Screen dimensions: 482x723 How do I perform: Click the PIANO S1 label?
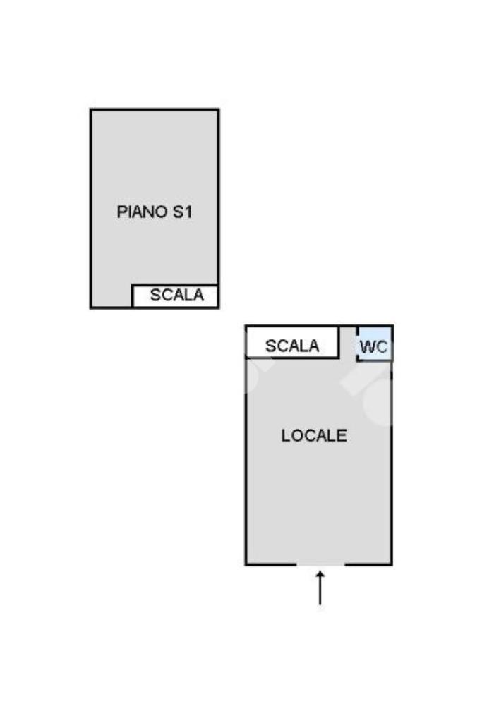click(x=154, y=212)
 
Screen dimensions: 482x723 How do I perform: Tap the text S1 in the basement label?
click(x=182, y=212)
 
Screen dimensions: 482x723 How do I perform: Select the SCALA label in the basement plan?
click(x=176, y=295)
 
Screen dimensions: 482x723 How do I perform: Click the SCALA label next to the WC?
click(x=292, y=346)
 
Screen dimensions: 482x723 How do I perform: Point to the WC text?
click(x=373, y=346)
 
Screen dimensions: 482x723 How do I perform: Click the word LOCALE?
click(x=314, y=436)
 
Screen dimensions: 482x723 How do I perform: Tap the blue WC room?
click(x=375, y=344)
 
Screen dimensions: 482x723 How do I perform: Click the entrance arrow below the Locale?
click(x=320, y=588)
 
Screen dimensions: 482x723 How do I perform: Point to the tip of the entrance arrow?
click(x=320, y=572)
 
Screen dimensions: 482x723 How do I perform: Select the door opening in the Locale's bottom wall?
click(x=320, y=564)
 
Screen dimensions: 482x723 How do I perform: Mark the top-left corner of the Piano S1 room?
click(x=91, y=110)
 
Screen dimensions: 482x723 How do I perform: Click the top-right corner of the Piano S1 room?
click(x=218, y=110)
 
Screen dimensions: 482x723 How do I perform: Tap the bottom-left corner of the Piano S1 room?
click(x=91, y=307)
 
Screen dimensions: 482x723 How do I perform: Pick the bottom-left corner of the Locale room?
click(x=246, y=564)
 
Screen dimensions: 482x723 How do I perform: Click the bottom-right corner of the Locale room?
click(x=392, y=564)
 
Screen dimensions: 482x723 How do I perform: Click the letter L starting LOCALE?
click(x=286, y=436)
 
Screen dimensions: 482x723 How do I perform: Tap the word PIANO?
click(x=142, y=212)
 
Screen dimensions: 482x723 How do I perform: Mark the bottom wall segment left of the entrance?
click(x=271, y=564)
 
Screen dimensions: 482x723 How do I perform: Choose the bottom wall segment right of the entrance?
click(x=369, y=564)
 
